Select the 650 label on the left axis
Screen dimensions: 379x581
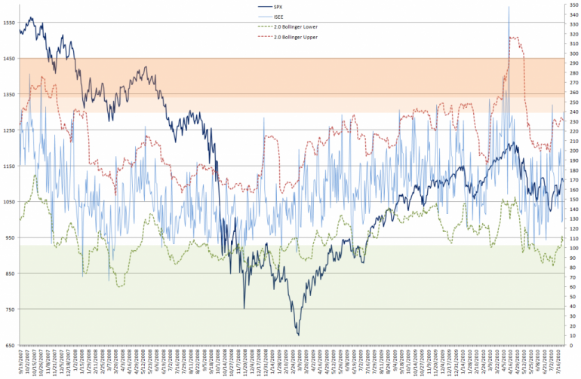[8, 345]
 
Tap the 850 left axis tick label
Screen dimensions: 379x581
[8, 274]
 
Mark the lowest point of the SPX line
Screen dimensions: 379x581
[298, 335]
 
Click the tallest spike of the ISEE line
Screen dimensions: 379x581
[509, 7]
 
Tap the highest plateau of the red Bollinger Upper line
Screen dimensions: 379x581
[516, 37]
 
